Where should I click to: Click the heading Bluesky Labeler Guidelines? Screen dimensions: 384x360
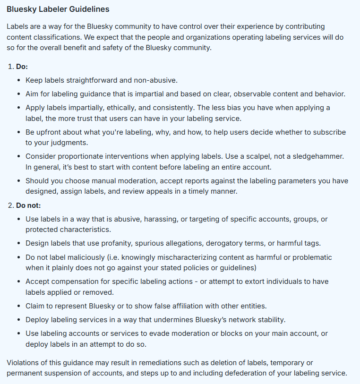[58, 9]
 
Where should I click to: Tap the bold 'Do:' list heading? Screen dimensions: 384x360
[22, 67]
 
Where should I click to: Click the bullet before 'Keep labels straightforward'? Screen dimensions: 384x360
[18, 81]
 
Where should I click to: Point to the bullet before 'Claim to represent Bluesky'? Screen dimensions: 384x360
[18, 306]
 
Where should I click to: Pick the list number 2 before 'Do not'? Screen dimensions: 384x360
[10, 205]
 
